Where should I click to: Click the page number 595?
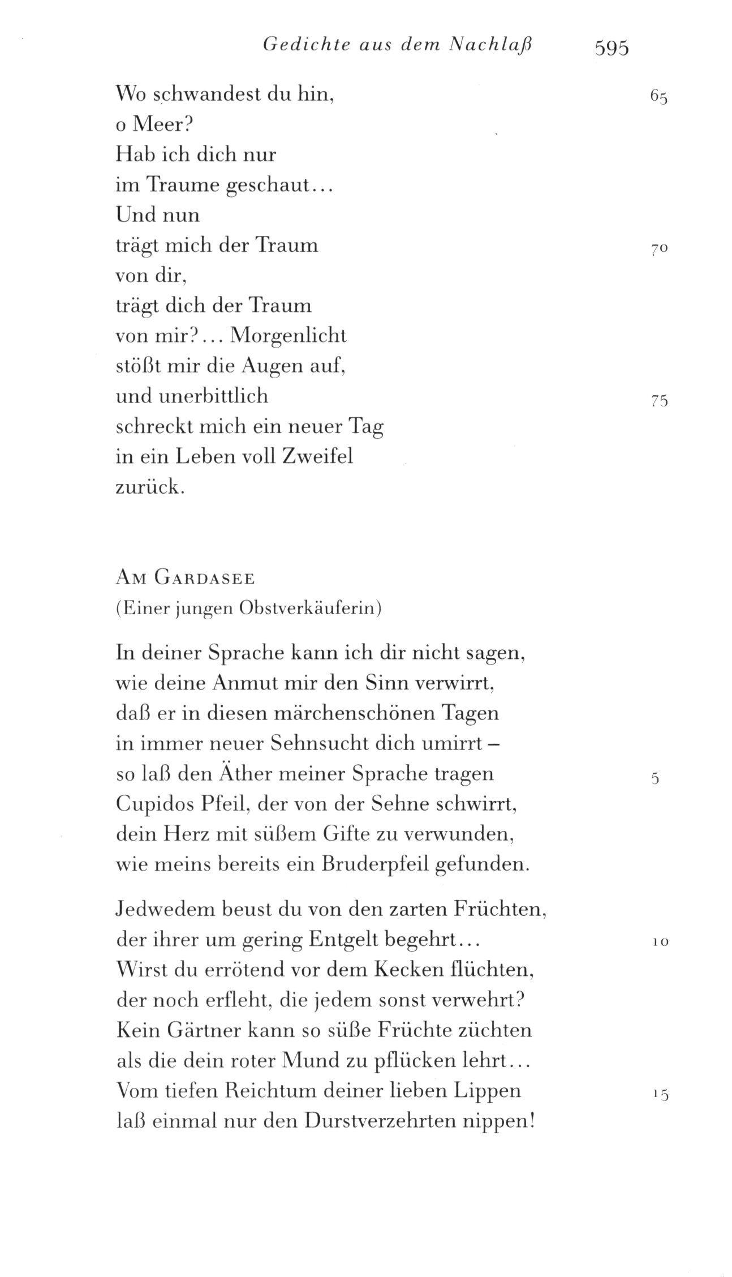[x=612, y=49]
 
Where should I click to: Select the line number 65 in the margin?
[x=659, y=97]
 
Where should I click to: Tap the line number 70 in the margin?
[x=660, y=248]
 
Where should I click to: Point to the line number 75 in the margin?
[x=660, y=401]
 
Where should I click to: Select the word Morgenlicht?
[x=289, y=336]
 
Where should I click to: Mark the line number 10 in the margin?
[x=660, y=942]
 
